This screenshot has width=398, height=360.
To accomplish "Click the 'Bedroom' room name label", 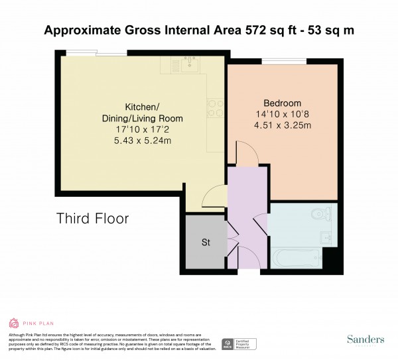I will (x=283, y=103).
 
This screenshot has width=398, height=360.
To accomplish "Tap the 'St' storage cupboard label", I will (x=206, y=243).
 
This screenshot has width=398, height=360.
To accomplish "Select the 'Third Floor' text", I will (x=92, y=218).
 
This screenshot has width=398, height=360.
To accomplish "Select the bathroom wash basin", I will (x=327, y=238).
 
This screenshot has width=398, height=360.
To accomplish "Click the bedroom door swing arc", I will (x=245, y=154).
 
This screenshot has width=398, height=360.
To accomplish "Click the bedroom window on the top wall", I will (x=284, y=62).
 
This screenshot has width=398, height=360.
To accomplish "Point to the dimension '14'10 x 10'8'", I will (x=283, y=114).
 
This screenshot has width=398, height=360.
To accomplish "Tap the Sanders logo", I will (x=365, y=339).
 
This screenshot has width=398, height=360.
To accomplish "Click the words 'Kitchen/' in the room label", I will (x=142, y=107).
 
